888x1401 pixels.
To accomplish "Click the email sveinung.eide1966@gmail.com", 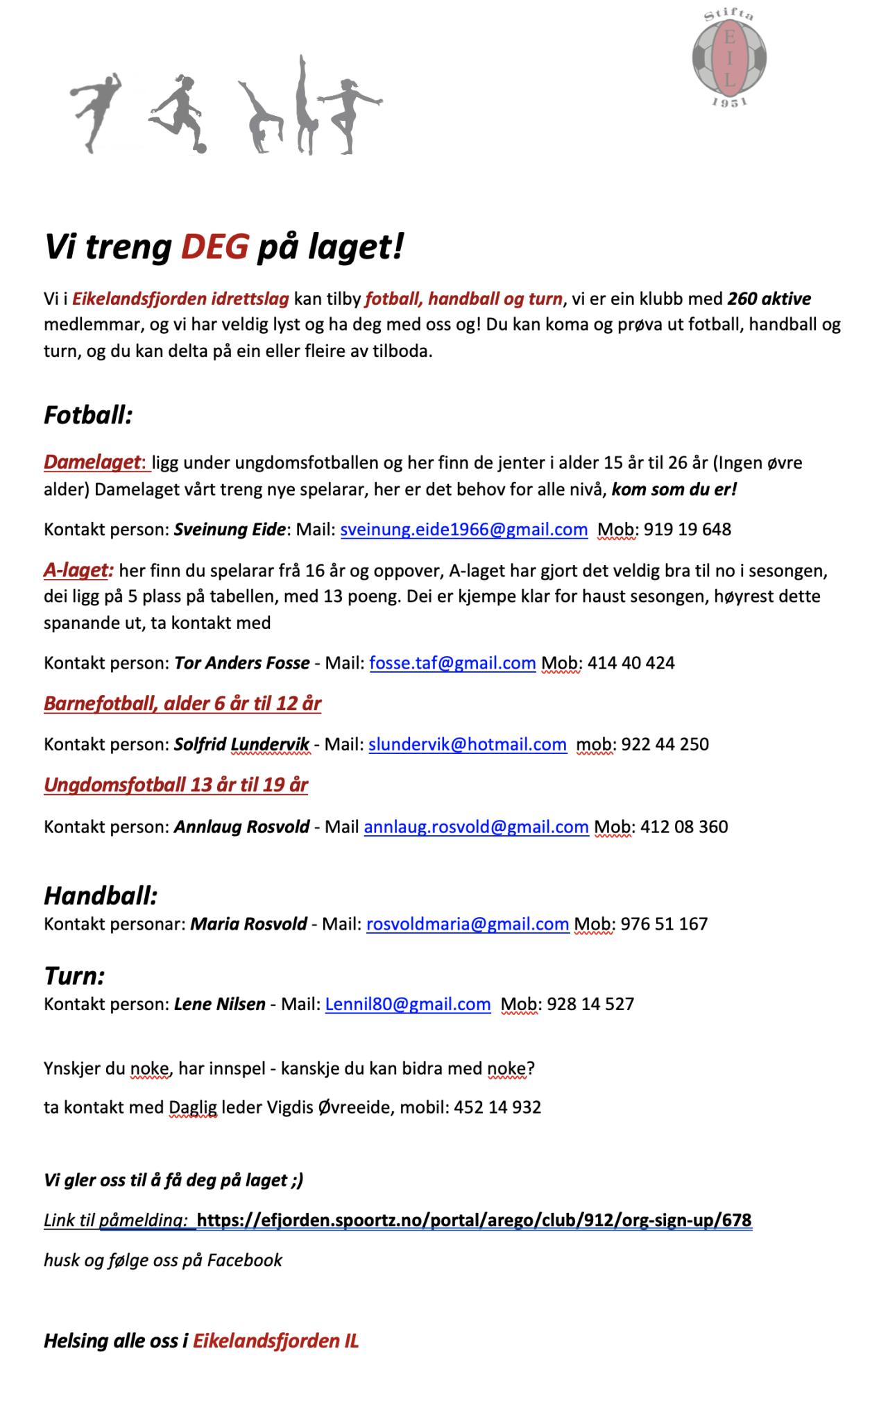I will [x=464, y=530].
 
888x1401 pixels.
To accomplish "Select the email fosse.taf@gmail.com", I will [x=452, y=663].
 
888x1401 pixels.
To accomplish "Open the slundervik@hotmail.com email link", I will [x=468, y=744].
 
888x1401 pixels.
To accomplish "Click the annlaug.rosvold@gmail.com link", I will [x=476, y=827].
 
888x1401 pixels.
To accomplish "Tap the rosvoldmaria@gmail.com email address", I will [x=468, y=924].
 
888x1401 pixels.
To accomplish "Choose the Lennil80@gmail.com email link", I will [x=408, y=1004].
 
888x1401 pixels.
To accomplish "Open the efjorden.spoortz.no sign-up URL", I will [x=474, y=1220].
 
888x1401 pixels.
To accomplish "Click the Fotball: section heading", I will [x=88, y=415].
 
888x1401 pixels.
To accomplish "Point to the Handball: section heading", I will [x=101, y=896].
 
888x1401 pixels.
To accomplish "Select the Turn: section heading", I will [x=74, y=976].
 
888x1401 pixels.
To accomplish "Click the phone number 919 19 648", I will [x=687, y=530].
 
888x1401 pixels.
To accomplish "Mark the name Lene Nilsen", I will [x=219, y=1004].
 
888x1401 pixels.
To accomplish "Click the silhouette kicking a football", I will [x=179, y=112].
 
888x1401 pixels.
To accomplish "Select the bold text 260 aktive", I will [x=769, y=299].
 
